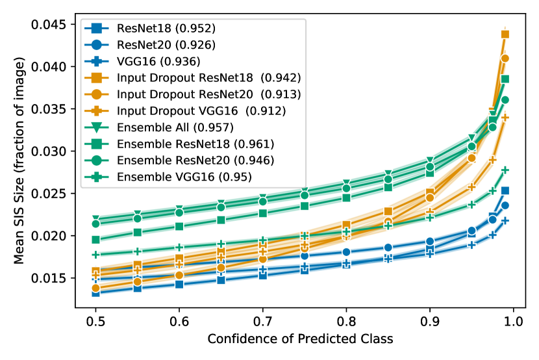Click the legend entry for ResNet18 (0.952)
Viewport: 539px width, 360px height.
click(166, 29)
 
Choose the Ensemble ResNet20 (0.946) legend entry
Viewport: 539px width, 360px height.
click(195, 160)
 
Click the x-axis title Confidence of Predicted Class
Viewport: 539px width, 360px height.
click(300, 340)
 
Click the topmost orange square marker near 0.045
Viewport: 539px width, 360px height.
click(505, 34)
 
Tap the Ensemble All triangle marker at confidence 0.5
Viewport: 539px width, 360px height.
click(96, 220)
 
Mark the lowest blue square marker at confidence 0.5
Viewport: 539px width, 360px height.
click(96, 292)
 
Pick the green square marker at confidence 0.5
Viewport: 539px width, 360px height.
click(96, 240)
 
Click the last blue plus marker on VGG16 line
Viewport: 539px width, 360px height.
click(505, 220)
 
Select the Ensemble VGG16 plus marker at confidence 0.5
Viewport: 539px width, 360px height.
click(96, 255)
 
